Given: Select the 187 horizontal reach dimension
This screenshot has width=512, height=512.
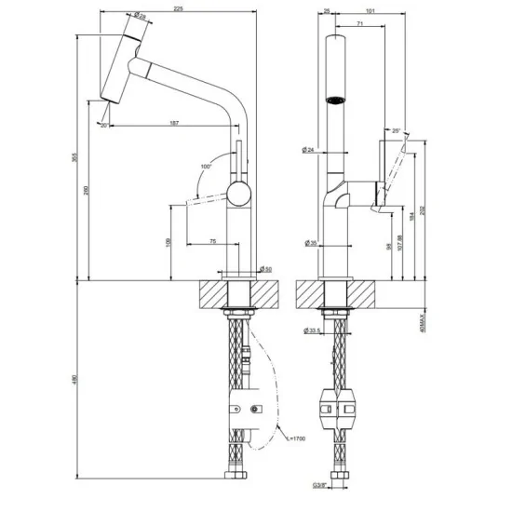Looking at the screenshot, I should pos(174,122).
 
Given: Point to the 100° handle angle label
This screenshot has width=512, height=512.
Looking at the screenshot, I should pos(206,168).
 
